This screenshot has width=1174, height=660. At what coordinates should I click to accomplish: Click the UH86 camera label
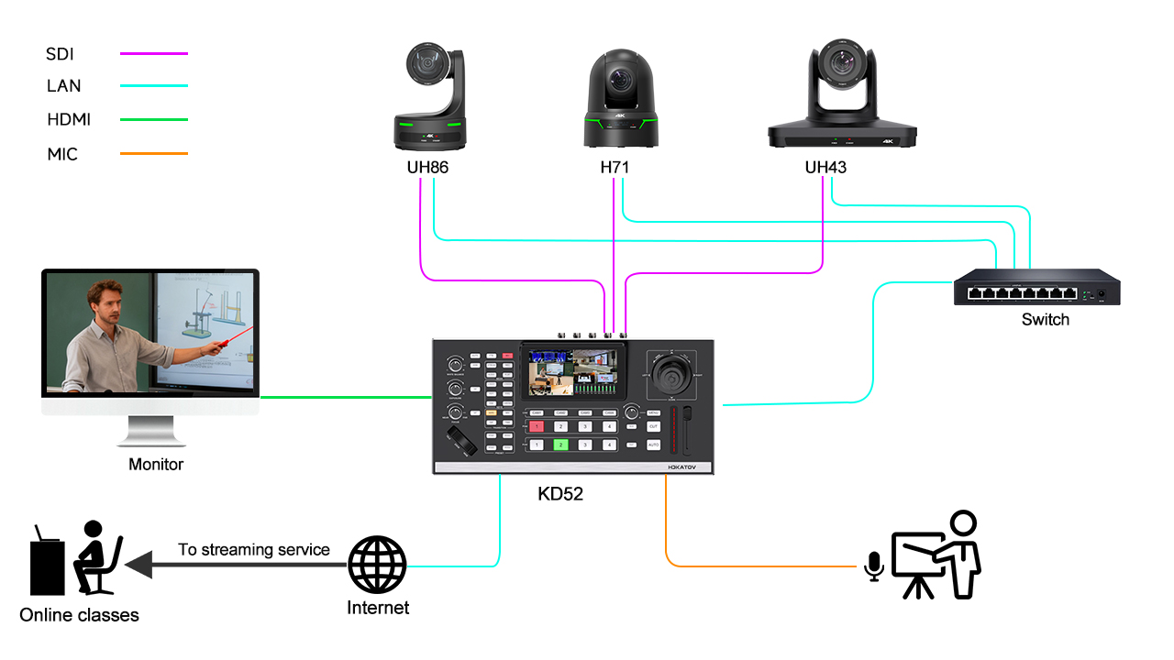pos(427,168)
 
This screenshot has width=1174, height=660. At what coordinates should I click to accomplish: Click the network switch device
pos(1036,287)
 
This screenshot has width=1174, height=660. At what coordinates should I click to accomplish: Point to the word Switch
pos(1045,320)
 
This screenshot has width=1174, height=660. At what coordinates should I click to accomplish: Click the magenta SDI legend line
pos(154,54)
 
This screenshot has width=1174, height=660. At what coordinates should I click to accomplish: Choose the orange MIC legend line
pos(154,153)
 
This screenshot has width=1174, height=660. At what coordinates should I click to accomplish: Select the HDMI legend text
pos(69,119)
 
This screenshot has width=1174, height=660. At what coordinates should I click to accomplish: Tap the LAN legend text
pos(64,86)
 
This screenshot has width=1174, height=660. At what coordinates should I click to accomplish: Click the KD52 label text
pos(560,494)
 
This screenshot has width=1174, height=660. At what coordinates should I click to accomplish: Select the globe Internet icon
pos(377,566)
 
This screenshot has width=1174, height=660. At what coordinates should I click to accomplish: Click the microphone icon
pos(874,566)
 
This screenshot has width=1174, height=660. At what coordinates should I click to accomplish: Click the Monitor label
pos(156,465)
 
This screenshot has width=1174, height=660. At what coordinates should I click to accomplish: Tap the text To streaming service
pos(254,550)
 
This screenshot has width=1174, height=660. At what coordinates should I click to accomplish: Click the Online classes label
pos(79,615)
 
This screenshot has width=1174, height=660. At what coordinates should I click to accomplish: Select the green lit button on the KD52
pos(560,445)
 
